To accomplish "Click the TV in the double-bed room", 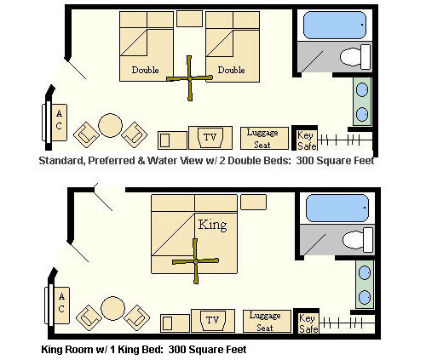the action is [210, 138].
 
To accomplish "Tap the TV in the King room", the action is [213, 321].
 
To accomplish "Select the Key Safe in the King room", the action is [308, 323].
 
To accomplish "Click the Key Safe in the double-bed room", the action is [307, 140].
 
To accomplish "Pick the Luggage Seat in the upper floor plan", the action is [264, 138].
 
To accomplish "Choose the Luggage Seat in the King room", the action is [267, 321].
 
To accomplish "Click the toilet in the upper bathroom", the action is [355, 57].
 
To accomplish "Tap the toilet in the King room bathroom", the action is [358, 240].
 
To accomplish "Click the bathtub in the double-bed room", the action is [335, 25].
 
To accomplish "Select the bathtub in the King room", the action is [337, 208].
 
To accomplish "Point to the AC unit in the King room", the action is [61, 306].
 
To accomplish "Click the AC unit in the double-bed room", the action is [59, 123].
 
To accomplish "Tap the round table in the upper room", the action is [110, 125].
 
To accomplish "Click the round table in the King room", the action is [112, 308].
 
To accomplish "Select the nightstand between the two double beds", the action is [189, 19].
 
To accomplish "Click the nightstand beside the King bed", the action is [253, 202].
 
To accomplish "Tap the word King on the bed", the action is [212, 225].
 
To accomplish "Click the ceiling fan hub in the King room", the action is [196, 261].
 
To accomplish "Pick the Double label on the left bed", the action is [145, 70].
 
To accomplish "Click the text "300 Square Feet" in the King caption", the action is [207, 349].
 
